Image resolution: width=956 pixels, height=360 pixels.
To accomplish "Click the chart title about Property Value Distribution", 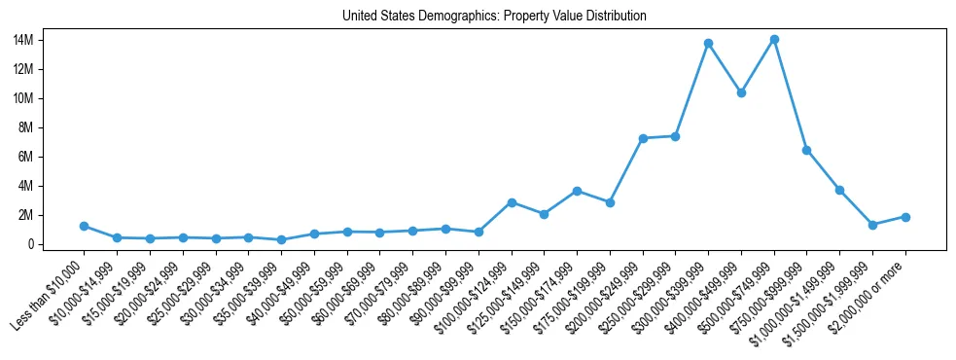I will pyautogui.click(x=494, y=17).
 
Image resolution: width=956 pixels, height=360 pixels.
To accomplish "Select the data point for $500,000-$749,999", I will pyautogui.click(x=774, y=40).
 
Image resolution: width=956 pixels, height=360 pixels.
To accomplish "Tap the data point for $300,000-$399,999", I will pyautogui.click(x=708, y=44).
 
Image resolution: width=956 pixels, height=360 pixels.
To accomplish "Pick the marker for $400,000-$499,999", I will pyautogui.click(x=741, y=93).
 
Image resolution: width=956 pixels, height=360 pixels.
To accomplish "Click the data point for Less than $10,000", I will pyautogui.click(x=85, y=226).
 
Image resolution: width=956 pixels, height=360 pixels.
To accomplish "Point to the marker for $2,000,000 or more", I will pyautogui.click(x=905, y=217).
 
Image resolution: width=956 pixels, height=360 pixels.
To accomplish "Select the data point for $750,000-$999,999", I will pyautogui.click(x=806, y=150).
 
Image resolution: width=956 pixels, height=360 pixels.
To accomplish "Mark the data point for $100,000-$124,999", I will pyautogui.click(x=512, y=202).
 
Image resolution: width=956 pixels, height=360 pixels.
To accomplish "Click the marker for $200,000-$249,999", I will pyautogui.click(x=643, y=138).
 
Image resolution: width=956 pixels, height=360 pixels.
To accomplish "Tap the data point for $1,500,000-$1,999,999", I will pyautogui.click(x=872, y=225).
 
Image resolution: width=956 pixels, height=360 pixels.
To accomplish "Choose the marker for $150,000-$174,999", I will pyautogui.click(x=577, y=191).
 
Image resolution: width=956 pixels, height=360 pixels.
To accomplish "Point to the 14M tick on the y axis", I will pyautogui.click(x=52, y=40).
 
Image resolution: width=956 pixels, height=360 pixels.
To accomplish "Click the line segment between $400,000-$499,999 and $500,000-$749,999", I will pyautogui.click(x=758, y=67).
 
